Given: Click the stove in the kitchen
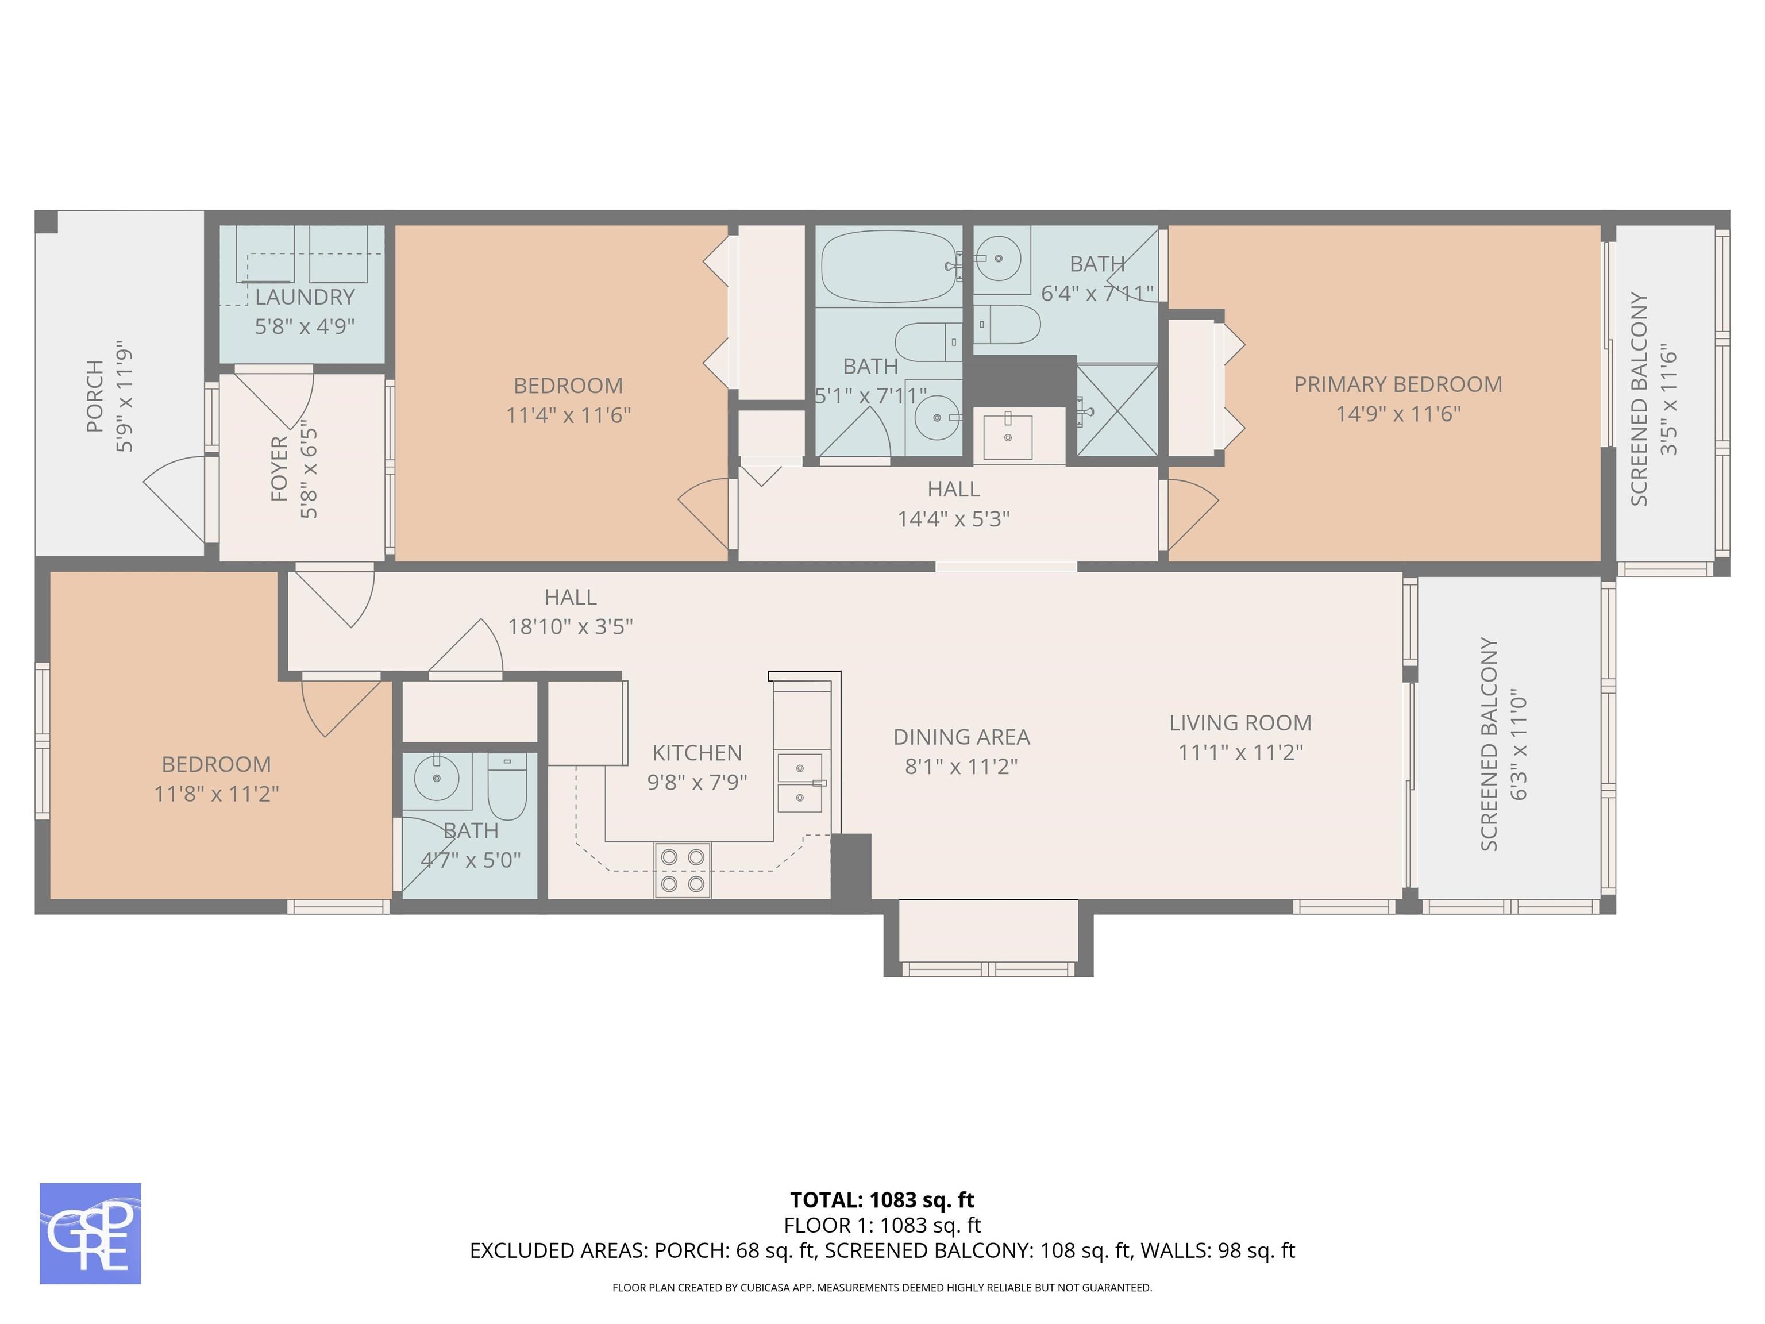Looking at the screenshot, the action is point(682,870).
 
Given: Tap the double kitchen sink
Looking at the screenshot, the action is point(800,782).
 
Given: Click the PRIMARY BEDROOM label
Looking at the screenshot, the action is point(1398,384).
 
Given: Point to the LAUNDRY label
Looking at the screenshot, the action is point(305,297).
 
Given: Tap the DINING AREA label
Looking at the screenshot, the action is point(961,737).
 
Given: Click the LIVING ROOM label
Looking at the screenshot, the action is point(1240,723).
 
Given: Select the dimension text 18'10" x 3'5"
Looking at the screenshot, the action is point(571,626).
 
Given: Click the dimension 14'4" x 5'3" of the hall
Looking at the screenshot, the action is point(954,519).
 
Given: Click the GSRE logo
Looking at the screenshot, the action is point(90,1233).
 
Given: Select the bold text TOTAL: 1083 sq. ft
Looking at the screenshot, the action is point(882,1199).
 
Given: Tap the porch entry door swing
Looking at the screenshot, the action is point(174,498).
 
